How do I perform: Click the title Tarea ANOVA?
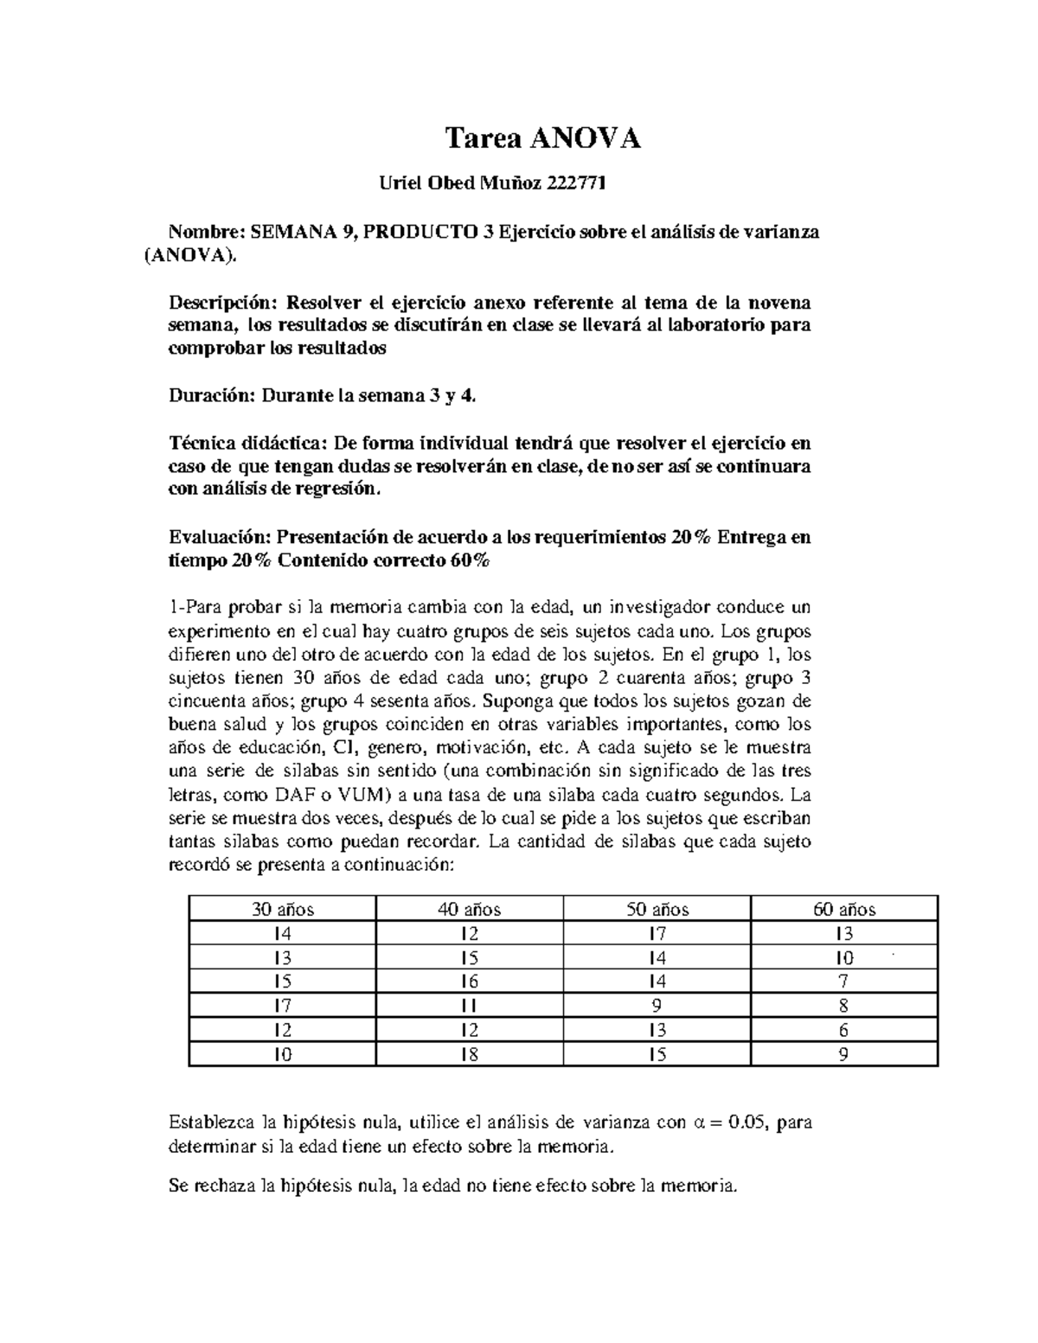tap(542, 138)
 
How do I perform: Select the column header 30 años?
tap(283, 910)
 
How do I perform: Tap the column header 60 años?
tap(844, 910)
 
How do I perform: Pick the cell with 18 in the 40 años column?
tap(470, 1055)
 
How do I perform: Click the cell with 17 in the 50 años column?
tap(657, 934)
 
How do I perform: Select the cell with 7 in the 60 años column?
tap(844, 982)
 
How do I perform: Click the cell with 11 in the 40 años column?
tap(470, 1007)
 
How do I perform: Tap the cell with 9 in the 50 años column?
tap(657, 1007)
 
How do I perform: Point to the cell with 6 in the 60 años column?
tap(844, 1031)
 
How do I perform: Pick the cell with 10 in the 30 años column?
tap(283, 1055)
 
